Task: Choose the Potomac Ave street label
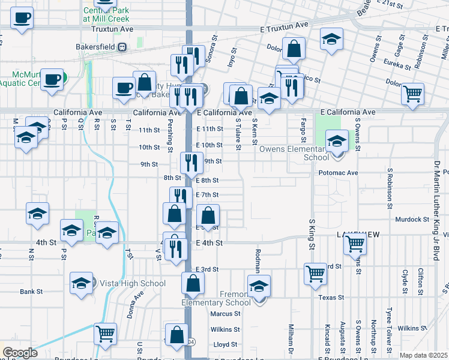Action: [x=336, y=173]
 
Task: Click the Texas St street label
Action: [x=331, y=297]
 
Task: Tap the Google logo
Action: [x=20, y=353]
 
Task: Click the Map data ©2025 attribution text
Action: [x=423, y=355]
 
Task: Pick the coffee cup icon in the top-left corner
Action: [x=22, y=17]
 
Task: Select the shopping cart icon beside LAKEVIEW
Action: [x=355, y=244]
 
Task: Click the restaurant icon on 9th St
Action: [x=188, y=161]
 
